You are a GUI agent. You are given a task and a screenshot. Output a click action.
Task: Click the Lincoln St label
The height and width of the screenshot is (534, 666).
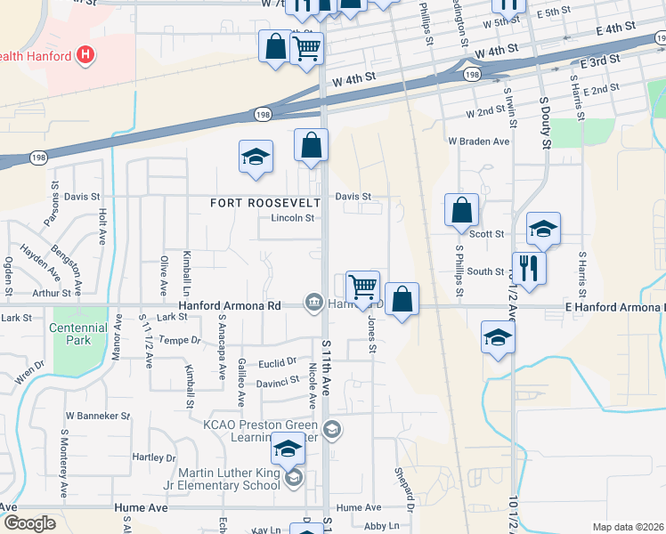(293, 218)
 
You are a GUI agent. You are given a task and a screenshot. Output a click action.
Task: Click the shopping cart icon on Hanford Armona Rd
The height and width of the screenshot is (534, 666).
(362, 287)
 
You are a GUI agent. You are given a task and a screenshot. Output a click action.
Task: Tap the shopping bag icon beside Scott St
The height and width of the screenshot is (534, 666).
(462, 211)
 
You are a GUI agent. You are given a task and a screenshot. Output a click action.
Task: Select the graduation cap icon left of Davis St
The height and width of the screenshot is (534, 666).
(256, 157)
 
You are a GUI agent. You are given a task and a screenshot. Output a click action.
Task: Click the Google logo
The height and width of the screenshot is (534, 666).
(28, 523)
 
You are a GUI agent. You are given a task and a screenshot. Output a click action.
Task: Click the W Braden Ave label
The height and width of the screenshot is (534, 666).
(479, 142)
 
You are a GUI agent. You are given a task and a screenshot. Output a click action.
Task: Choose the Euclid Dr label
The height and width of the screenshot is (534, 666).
(278, 362)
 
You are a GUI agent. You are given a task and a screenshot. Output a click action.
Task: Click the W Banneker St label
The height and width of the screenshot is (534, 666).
(97, 416)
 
